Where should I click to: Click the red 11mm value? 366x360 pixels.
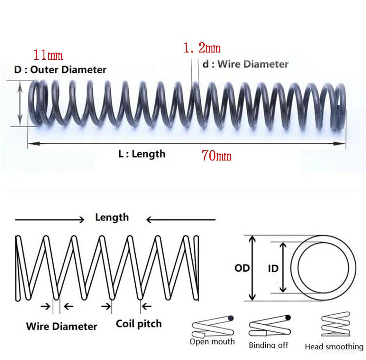pyautogui.click(x=48, y=55)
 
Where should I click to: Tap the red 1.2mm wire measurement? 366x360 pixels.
pyautogui.click(x=202, y=48)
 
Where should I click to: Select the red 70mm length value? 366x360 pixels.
pyautogui.click(x=216, y=156)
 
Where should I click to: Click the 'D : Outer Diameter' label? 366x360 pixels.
pyautogui.click(x=60, y=70)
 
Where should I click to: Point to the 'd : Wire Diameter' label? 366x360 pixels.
pyautogui.click(x=245, y=64)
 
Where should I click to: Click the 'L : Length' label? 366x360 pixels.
pyautogui.click(x=142, y=154)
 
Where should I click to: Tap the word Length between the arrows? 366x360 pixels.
pyautogui.click(x=112, y=217)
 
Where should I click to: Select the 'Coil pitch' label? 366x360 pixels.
pyautogui.click(x=139, y=324)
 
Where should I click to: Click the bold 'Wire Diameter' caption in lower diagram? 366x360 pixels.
pyautogui.click(x=62, y=326)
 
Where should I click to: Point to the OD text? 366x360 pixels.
pyautogui.click(x=242, y=268)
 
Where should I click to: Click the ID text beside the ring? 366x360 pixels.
pyautogui.click(x=273, y=268)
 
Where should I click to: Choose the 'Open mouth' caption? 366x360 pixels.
pyautogui.click(x=212, y=342)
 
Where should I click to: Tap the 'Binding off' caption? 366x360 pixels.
pyautogui.click(x=268, y=345)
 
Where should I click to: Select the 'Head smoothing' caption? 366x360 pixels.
pyautogui.click(x=334, y=346)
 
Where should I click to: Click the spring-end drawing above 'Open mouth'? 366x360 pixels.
pyautogui.click(x=213, y=326)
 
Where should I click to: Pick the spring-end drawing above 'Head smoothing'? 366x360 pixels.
pyautogui.click(x=336, y=324)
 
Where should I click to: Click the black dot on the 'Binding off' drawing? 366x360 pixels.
pyautogui.click(x=288, y=317)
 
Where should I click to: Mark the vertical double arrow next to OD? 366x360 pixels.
pyautogui.click(x=252, y=268)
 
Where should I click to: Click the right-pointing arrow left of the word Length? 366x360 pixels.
pyautogui.click(x=49, y=220)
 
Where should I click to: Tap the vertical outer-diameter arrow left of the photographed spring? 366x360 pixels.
pyautogui.click(x=20, y=103)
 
